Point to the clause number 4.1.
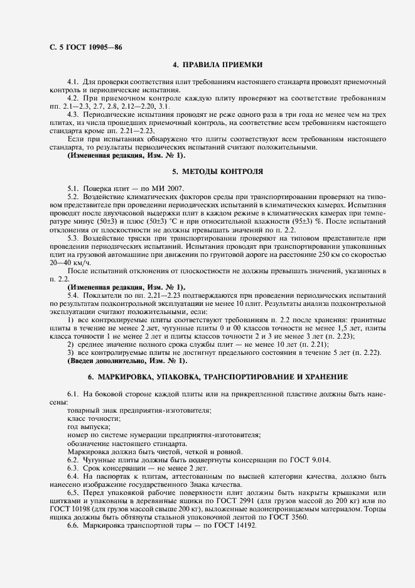72,82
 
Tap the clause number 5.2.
72,197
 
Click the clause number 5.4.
72,295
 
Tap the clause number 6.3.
72,467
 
